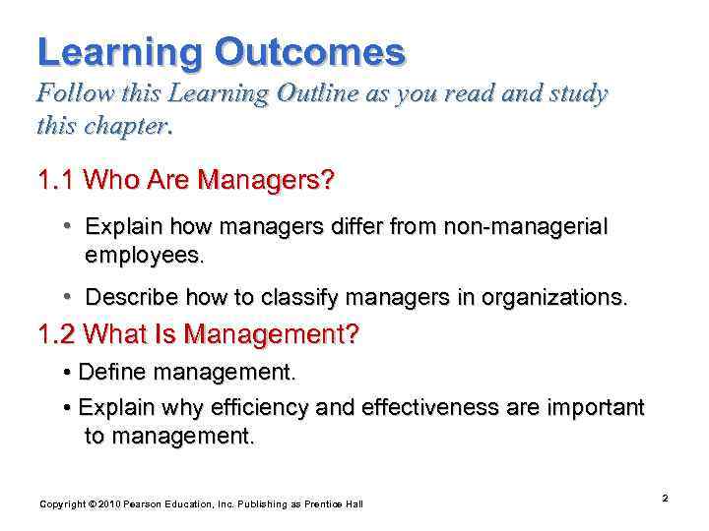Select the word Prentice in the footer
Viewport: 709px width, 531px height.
[321, 504]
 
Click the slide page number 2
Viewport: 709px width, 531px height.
[665, 499]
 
